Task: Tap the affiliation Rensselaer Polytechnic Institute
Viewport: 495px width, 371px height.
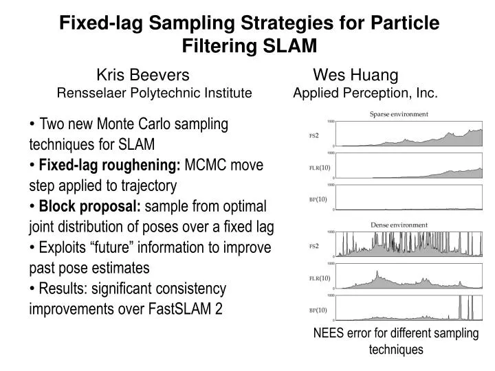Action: click(x=154, y=93)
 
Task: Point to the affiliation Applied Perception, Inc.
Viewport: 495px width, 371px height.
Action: click(x=365, y=93)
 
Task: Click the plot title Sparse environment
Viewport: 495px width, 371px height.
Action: click(x=399, y=114)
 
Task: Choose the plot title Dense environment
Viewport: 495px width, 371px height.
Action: click(x=399, y=225)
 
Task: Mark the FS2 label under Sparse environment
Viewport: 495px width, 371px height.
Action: click(x=314, y=135)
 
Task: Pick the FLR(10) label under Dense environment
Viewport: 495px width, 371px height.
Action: click(x=320, y=278)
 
